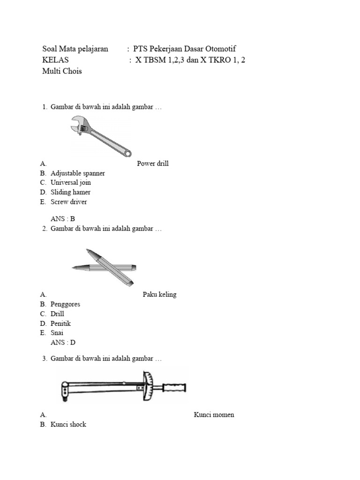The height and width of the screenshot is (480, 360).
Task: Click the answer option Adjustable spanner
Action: coord(77,173)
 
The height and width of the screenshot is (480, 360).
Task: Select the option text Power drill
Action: coord(153,164)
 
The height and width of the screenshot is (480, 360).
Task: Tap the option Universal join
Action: coord(71,182)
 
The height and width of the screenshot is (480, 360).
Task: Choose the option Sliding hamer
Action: coord(70,192)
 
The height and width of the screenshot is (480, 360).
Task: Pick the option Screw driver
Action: coord(68,202)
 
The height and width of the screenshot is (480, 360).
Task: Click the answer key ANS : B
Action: coord(63,218)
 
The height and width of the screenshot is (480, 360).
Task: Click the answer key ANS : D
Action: coord(63,343)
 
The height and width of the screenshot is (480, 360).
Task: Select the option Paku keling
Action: coord(159,294)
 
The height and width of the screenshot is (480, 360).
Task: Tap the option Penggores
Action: coord(65,304)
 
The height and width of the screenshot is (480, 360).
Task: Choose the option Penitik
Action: coord(60,323)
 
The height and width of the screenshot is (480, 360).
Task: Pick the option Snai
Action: coord(57,333)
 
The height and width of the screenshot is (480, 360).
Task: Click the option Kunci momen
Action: coord(214,415)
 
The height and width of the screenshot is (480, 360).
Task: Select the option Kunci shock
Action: coord(68,425)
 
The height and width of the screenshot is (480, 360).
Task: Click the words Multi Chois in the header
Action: coord(62,71)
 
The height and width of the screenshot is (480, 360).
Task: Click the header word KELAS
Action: coord(55,60)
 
